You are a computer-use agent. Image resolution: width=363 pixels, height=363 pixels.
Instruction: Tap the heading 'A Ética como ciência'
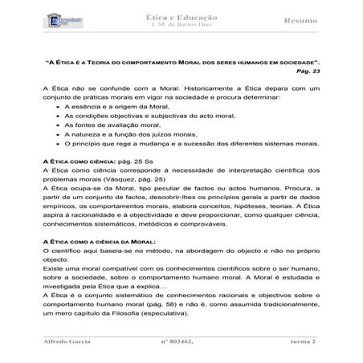78,161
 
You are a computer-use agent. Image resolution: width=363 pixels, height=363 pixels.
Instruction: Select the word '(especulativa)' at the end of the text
210,316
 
